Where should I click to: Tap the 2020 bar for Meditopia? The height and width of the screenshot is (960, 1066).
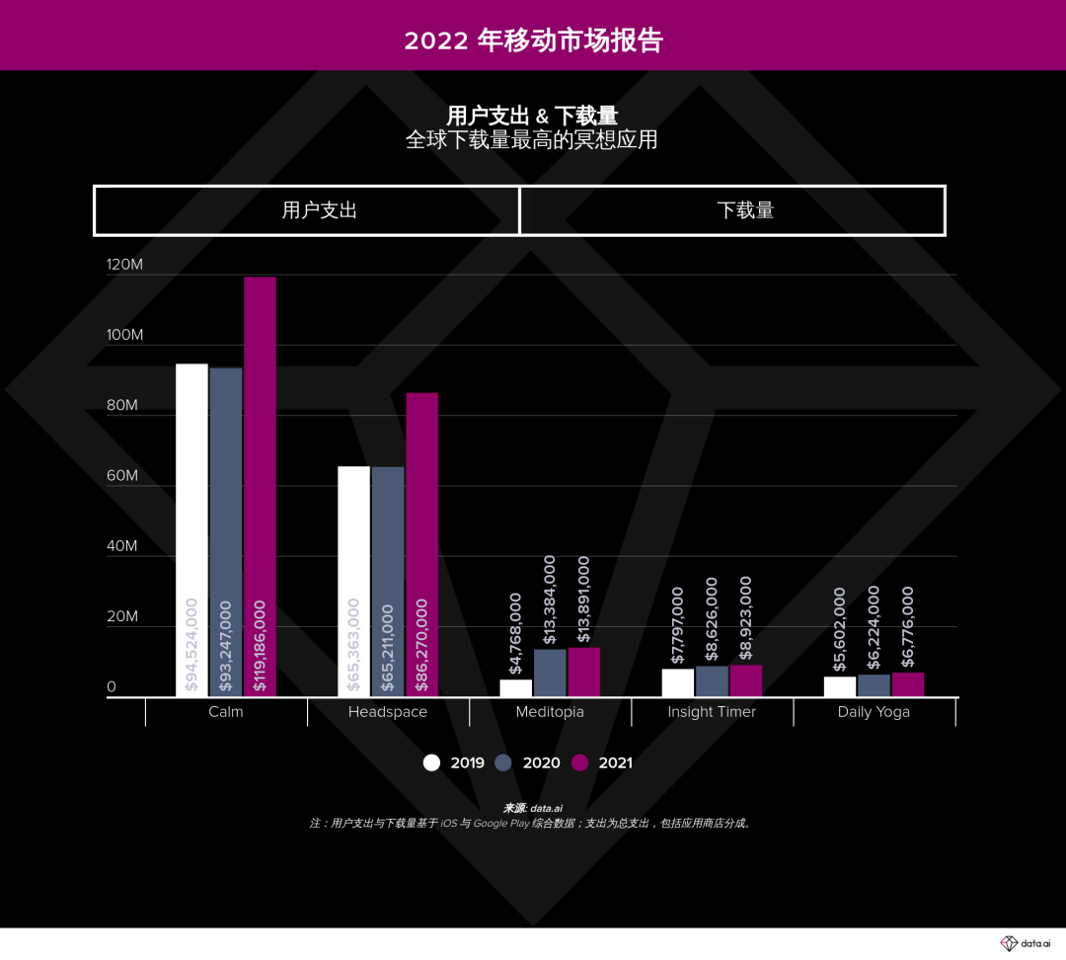(550, 673)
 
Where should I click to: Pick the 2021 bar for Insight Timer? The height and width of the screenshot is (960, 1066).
(745, 680)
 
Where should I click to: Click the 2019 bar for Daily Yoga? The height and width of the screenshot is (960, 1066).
(840, 686)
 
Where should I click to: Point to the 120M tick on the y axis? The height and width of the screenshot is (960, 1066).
(124, 265)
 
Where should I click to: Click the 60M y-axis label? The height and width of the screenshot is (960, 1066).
(122, 476)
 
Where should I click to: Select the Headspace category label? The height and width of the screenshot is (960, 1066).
(388, 712)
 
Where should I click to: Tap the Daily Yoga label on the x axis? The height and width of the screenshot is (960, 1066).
(874, 712)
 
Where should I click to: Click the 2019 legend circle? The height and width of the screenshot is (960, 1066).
(431, 762)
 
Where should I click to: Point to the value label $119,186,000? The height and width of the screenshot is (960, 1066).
(260, 645)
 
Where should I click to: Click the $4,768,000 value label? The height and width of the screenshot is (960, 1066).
(516, 633)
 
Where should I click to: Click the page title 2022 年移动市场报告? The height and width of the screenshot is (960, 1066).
(533, 40)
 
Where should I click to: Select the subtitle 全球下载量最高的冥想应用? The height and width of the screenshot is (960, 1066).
(532, 140)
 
